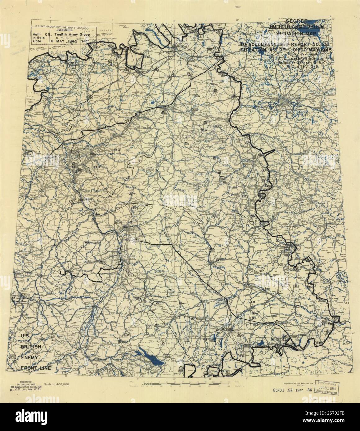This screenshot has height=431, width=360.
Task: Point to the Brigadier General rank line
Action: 298,62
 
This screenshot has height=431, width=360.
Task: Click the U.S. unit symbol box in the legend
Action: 13,335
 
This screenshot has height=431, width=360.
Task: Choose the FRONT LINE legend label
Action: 36,368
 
